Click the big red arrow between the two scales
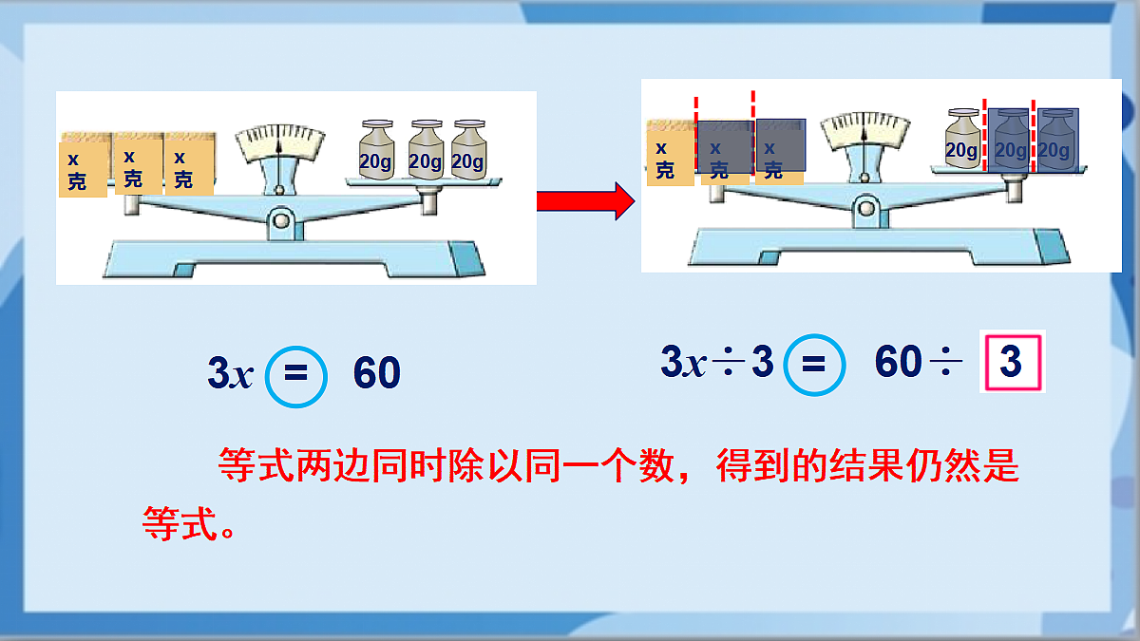585,201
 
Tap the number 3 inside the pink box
1011,361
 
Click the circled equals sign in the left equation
295,376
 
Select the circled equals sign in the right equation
814,365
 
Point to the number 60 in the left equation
377,372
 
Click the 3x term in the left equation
231,372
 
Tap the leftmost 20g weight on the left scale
376,150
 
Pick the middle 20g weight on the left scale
426,150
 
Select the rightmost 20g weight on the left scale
468,150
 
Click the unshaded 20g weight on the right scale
962,138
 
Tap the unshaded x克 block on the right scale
671,153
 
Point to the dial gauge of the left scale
279,143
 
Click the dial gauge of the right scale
864,131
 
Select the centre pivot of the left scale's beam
280,222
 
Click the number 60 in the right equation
899,361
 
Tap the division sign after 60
945,361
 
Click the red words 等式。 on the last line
188,523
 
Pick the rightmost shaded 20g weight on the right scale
1057,141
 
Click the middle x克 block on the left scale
139,162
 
